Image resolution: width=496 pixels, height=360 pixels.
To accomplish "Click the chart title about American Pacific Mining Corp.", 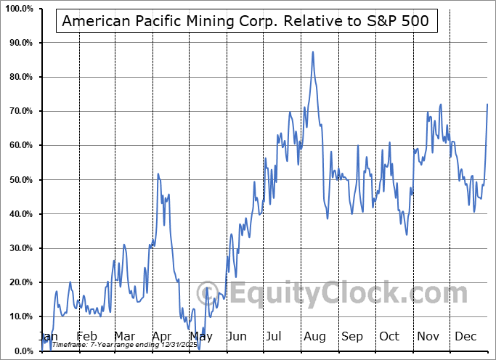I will tap(248, 22).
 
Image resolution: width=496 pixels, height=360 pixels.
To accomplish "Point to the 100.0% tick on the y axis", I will tap(17, 9).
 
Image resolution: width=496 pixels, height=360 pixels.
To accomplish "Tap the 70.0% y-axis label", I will tap(19, 111).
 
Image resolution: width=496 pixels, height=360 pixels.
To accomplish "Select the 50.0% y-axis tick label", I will tap(19, 179).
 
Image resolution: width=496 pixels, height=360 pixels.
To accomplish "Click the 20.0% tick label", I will tap(19, 282).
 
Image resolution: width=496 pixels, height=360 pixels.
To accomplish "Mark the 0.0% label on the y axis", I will tap(21, 351).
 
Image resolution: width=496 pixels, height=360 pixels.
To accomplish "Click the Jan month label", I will tap(48, 336).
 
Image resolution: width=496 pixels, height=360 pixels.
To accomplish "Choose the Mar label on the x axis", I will tap(123, 336).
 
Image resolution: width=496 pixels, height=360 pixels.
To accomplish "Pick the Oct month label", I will tap(389, 336).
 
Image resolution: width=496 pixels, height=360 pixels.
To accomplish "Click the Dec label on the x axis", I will tap(465, 336).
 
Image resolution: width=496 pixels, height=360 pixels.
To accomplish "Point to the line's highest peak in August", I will tap(313, 52).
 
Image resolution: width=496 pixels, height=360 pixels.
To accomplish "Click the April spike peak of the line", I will tap(158, 173).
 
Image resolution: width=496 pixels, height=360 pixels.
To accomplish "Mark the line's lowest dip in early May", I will tap(198, 328).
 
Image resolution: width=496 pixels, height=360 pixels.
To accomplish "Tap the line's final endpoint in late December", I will tap(487, 104).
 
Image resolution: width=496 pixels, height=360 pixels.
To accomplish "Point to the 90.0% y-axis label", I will tap(19, 43).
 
